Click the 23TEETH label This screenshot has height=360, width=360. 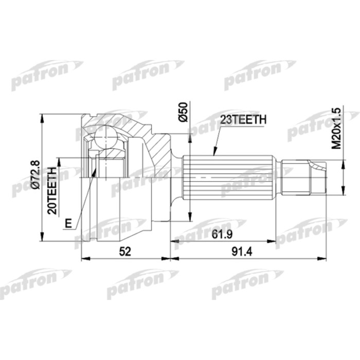tap(243, 119)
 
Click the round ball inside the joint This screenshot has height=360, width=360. tap(107, 138)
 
